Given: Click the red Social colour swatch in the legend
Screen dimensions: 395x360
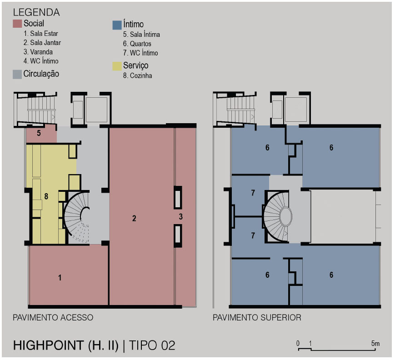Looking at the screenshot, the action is pos(17,24).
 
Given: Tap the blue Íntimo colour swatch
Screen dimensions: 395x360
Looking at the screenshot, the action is pos(117,25).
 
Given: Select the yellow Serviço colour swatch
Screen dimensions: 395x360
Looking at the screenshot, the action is pos(117,66).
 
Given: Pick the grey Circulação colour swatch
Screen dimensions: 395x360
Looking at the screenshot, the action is pos(17,74).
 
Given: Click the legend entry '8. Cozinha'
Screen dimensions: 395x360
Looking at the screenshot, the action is pos(137,75).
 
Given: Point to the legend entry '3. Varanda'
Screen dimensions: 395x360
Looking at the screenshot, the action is pos(38,52).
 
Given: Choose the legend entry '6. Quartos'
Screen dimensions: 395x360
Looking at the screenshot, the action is pos(137,44).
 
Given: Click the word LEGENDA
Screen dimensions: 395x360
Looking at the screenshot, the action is pos(36,12).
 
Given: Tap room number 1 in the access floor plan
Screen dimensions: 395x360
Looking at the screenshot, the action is pos(60,278).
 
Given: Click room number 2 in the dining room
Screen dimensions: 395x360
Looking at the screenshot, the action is pos(134,218).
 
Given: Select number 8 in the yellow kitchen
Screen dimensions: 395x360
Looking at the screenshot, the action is pos(46,196).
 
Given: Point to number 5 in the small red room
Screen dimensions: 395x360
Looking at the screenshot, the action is pos(39,133).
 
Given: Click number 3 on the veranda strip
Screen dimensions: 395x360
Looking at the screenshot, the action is pos(180,216).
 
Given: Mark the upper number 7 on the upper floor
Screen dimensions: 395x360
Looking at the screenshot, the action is pos(253,193).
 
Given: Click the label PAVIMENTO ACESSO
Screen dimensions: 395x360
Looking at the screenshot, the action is pos(53,317).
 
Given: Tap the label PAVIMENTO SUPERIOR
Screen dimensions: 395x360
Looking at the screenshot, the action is pos(257,317).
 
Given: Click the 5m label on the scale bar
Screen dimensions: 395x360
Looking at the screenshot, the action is pos(375,343).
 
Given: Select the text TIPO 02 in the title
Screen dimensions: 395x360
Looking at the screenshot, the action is pos(152,345).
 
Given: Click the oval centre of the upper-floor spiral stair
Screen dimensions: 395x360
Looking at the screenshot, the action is pos(286,216).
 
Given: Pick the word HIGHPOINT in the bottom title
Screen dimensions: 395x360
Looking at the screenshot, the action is pos(48,345).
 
